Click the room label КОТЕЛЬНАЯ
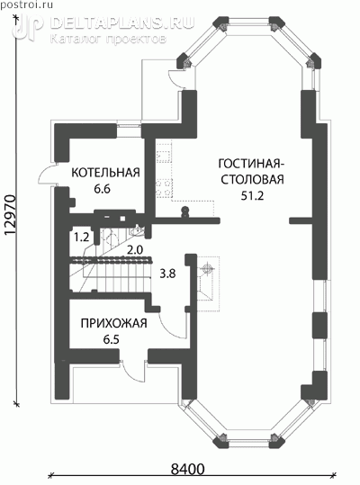106,173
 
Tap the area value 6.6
103,189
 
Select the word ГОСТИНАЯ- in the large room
249,164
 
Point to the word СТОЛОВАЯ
252,180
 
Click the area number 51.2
252,196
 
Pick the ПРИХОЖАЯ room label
113,324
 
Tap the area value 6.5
111,339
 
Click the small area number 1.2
81,238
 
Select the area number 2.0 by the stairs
135,249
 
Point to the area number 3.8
167,274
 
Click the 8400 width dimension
188,469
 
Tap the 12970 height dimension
10,216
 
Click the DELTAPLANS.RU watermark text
121,23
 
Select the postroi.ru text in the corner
27,5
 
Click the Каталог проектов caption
108,39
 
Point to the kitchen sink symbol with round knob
184,211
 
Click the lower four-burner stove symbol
164,188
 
